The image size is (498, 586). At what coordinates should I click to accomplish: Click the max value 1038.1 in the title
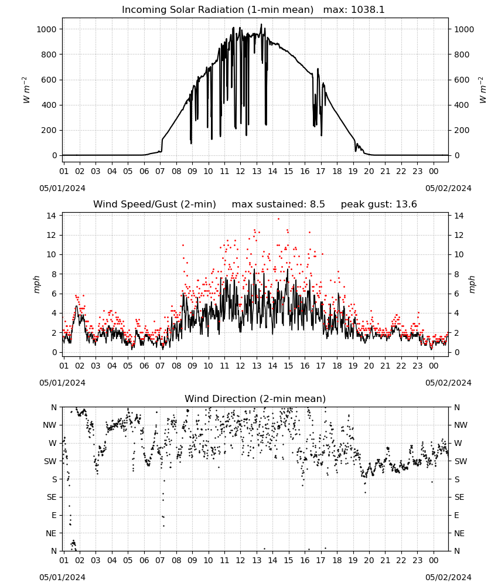pyautogui.click(x=367, y=10)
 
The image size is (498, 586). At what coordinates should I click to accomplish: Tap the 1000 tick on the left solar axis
pyautogui.click(x=47, y=29)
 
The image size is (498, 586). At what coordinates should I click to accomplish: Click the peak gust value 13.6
pyautogui.click(x=407, y=205)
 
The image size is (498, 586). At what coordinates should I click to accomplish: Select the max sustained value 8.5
pyautogui.click(x=317, y=205)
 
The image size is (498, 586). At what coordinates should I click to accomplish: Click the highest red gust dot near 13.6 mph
pyautogui.click(x=278, y=219)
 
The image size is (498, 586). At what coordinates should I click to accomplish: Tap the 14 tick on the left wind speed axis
pyautogui.click(x=52, y=216)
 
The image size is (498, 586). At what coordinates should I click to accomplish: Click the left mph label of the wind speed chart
pyautogui.click(x=36, y=284)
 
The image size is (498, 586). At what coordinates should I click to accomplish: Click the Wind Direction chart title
pyautogui.click(x=255, y=398)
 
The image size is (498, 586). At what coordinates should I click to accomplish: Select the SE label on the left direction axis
pyautogui.click(x=52, y=498)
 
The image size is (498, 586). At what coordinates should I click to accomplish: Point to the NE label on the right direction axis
pyautogui.click(x=459, y=534)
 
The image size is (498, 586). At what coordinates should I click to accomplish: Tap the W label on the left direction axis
pyautogui.click(x=53, y=443)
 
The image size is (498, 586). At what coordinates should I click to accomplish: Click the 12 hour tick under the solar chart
pyautogui.click(x=240, y=172)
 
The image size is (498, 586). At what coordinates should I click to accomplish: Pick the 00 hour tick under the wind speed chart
pyautogui.click(x=434, y=366)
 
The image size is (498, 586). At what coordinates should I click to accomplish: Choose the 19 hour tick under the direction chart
pyautogui.click(x=353, y=561)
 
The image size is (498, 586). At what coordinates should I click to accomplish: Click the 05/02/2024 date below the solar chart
pyautogui.click(x=448, y=188)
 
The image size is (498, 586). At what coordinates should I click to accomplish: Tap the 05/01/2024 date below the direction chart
pyautogui.click(x=62, y=578)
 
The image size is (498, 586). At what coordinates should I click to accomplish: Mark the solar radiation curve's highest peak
pyautogui.click(x=261, y=24)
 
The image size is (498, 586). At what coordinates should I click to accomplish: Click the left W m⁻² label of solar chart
pyautogui.click(x=26, y=90)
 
